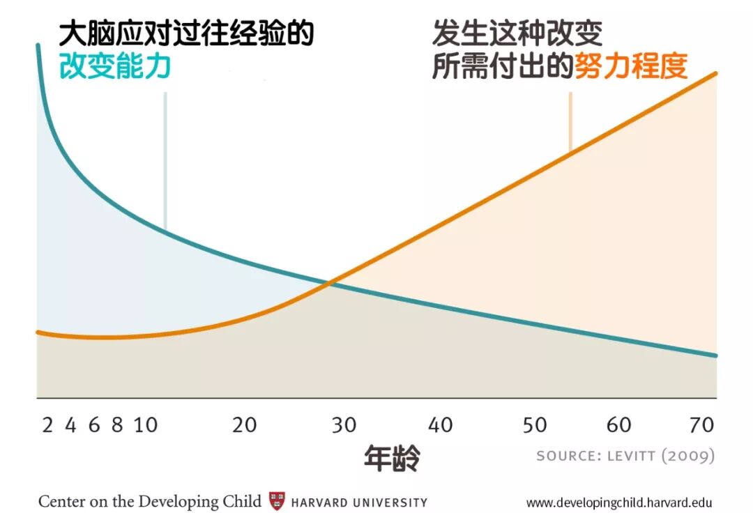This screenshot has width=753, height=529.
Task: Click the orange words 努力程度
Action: (631, 67)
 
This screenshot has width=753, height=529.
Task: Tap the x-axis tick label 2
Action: (47, 425)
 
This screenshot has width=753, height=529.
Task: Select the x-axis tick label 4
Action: (70, 425)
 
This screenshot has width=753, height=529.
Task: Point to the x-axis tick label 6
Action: (94, 425)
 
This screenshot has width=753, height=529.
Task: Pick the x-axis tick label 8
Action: (117, 425)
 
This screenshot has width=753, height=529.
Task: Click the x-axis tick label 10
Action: (146, 425)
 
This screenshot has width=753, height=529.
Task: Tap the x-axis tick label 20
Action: (245, 425)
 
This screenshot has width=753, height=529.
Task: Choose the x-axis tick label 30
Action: (344, 425)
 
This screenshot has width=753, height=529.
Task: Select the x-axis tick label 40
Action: (441, 425)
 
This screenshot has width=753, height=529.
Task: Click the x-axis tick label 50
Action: (535, 425)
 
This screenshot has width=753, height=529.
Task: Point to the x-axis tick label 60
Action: (619, 425)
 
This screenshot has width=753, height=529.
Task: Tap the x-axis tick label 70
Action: (702, 425)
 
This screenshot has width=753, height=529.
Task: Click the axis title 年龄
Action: (393, 458)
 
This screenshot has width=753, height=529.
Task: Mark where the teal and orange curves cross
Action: (330, 282)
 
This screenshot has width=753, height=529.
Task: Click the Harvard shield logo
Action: (277, 501)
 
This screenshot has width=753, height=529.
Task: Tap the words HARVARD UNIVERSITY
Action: (359, 503)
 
